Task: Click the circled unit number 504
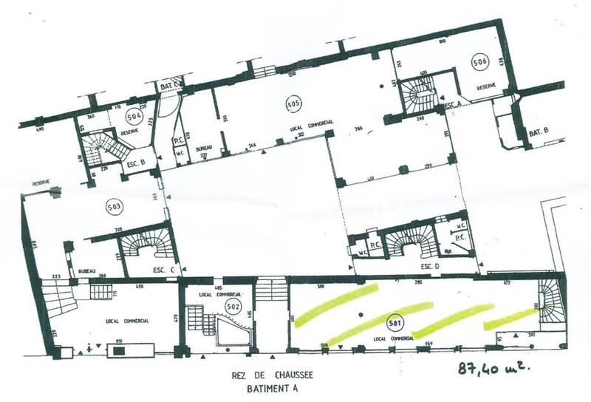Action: (x=134, y=116)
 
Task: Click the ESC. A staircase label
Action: (x=453, y=106)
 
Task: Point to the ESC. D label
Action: (x=431, y=265)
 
